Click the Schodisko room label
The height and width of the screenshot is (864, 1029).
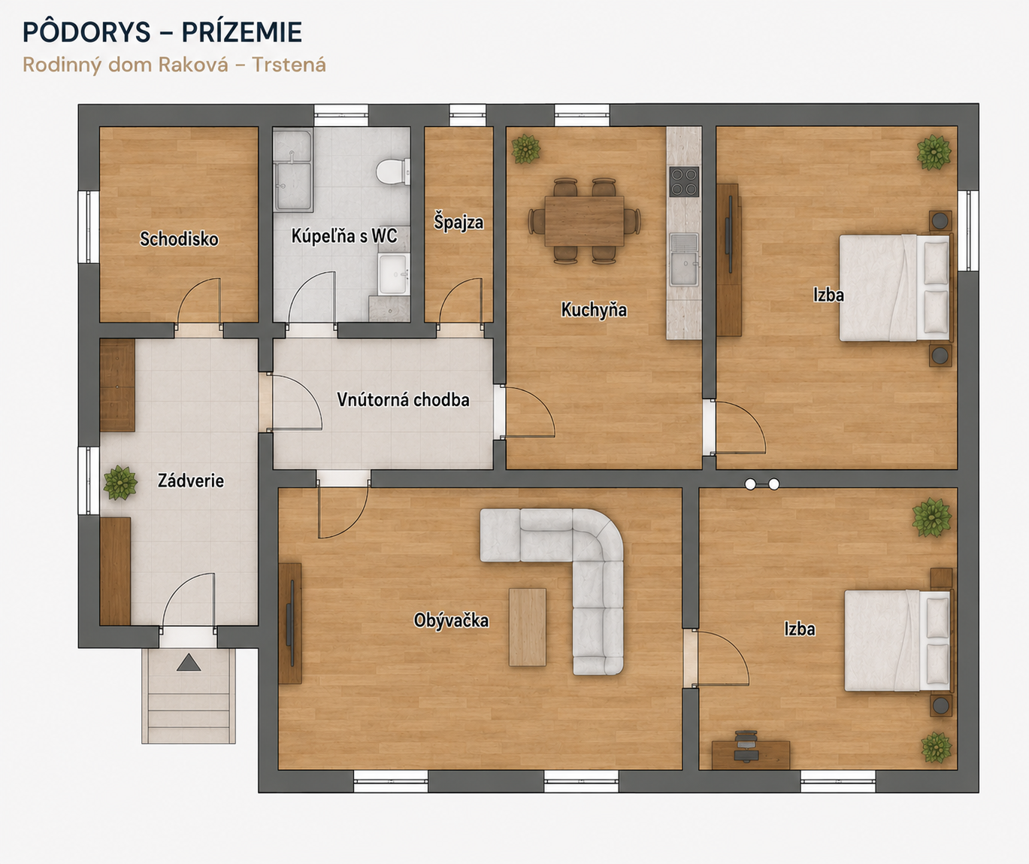(x=179, y=239)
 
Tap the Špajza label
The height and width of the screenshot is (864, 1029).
(x=459, y=222)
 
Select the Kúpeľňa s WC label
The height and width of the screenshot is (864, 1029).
(x=344, y=235)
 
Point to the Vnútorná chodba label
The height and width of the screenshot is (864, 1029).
(x=403, y=399)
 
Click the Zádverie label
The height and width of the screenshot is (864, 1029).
(x=191, y=481)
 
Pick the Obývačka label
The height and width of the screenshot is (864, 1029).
(x=451, y=620)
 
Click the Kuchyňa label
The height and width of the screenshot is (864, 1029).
(x=594, y=311)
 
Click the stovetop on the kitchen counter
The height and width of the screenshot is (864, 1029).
(x=684, y=182)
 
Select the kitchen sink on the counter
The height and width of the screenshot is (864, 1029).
(x=684, y=259)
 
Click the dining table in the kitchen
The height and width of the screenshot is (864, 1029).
(x=585, y=220)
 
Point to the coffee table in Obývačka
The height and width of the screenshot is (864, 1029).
(x=528, y=627)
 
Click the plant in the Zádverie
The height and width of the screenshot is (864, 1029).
(x=120, y=483)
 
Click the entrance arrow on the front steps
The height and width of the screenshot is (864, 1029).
(x=189, y=662)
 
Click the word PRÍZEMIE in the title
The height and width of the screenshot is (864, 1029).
(x=241, y=32)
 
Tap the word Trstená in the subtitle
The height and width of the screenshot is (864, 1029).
(x=289, y=65)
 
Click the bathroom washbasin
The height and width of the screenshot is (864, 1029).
(x=393, y=274)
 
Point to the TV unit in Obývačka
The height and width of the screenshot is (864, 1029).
(x=290, y=623)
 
